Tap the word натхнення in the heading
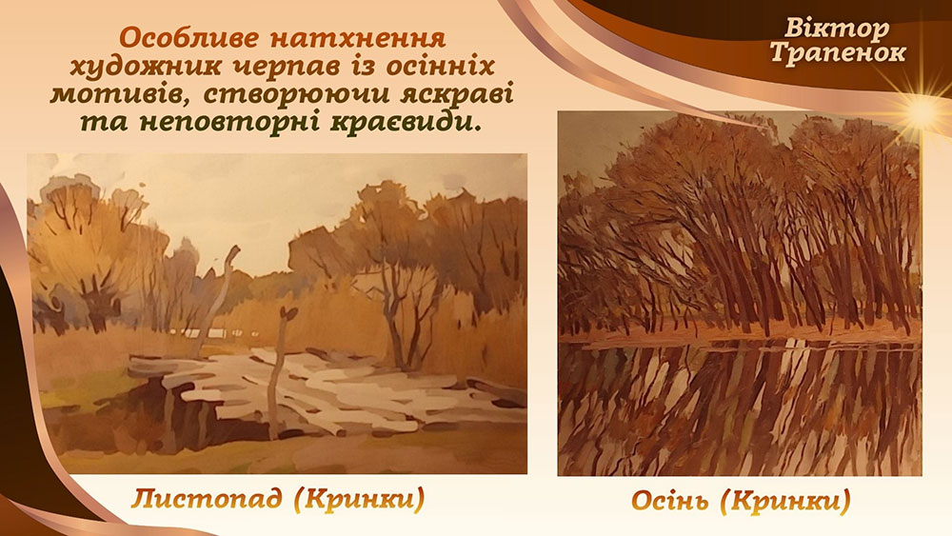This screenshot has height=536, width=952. click(x=358, y=38)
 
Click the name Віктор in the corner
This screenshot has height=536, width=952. click(x=837, y=29)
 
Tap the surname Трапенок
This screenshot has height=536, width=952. click(x=837, y=53)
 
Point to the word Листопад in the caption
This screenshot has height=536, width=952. click(x=207, y=499)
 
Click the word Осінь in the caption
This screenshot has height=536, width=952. click(x=669, y=501)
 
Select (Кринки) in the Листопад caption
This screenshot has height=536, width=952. click(x=359, y=500)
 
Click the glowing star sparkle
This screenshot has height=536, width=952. click(x=922, y=111)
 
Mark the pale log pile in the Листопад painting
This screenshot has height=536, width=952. click(x=322, y=388)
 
